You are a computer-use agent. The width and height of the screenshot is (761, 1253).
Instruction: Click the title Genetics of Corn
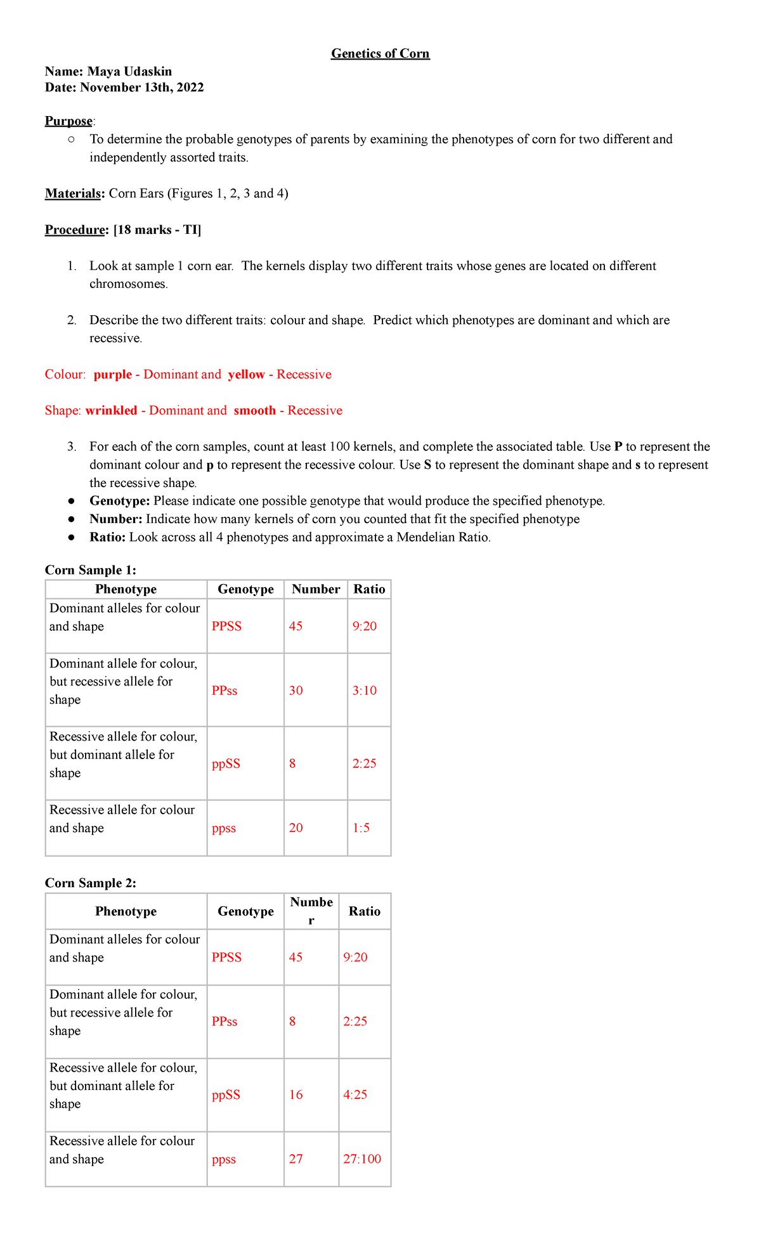coord(380,54)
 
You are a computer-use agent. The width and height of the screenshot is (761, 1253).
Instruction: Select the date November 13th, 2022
coord(142,88)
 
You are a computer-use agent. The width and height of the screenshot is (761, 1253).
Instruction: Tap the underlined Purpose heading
coord(68,121)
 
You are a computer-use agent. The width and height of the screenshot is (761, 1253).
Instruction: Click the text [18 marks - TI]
coord(157,230)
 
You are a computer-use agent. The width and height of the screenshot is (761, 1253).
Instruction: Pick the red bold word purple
coord(112,375)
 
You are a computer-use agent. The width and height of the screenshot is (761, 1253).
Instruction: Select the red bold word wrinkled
coord(111,411)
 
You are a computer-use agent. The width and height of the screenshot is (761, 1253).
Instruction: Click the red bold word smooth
coord(254,411)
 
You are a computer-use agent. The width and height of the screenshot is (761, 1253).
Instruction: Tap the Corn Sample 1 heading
coord(90,570)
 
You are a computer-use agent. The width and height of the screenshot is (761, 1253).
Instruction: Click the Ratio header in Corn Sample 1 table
coord(369,589)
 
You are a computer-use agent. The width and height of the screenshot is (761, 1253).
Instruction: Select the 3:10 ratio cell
coord(364,691)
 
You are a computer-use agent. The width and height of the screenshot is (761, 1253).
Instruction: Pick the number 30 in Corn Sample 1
coord(296,691)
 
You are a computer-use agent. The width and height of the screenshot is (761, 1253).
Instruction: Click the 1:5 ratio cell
coord(361,828)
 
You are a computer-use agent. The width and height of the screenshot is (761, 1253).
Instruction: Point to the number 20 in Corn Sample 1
coord(296,828)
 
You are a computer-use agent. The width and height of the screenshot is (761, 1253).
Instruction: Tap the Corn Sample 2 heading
coord(90,883)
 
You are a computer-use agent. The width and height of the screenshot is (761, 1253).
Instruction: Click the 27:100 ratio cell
coord(362,1159)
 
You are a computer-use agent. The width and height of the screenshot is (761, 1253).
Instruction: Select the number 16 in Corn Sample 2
coord(296,1095)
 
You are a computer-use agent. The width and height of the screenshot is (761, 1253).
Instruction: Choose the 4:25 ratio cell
coord(355,1095)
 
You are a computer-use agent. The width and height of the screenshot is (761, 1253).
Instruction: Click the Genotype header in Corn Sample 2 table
coord(245,911)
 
